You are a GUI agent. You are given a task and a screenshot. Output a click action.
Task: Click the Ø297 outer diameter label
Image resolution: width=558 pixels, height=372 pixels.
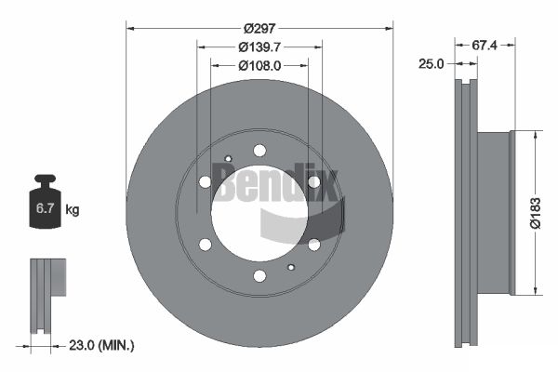259,28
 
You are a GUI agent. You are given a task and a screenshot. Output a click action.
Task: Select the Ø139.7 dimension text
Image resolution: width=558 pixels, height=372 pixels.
259,46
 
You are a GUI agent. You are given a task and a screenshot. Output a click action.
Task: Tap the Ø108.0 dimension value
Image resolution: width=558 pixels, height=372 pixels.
259,65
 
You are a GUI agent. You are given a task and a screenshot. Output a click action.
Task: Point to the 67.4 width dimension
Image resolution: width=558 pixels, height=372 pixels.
484,46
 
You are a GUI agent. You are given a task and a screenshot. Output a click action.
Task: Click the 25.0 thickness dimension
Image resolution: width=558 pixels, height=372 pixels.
431,64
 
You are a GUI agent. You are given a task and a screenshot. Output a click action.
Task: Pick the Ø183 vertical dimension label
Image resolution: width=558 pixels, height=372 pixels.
535,213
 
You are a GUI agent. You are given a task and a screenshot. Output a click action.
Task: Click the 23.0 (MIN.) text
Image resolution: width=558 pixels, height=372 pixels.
101,345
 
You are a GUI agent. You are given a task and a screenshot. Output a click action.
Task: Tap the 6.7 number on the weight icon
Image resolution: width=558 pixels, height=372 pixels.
45,208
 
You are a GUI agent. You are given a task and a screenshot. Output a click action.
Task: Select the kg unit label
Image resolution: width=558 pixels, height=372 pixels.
73,209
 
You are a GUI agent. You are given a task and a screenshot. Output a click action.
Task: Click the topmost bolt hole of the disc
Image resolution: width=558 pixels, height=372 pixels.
259,151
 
